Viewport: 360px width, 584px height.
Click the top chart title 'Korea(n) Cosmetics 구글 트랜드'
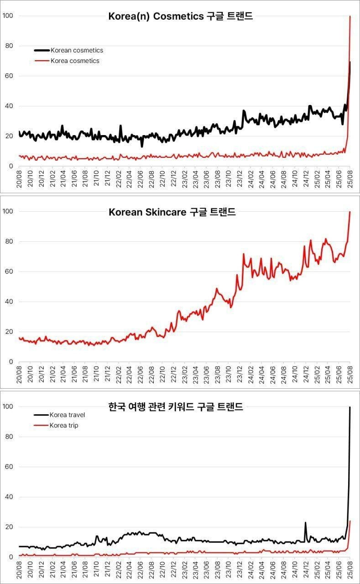pyautogui.click(x=180, y=17)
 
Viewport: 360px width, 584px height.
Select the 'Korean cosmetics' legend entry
pyautogui.click(x=77, y=50)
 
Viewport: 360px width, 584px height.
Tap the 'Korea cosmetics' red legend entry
pyautogui.click(x=75, y=61)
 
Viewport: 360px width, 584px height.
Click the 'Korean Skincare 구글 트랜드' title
pyautogui.click(x=172, y=212)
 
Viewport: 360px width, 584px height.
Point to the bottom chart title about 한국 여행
pyautogui.click(x=176, y=407)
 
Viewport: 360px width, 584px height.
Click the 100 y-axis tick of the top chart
pyautogui.click(x=8, y=16)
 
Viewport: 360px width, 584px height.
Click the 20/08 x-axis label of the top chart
pyautogui.click(x=20, y=179)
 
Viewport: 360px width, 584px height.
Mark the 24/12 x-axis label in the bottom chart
pyautogui.click(x=306, y=569)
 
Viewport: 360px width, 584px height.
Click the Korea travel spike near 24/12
pyautogui.click(x=305, y=523)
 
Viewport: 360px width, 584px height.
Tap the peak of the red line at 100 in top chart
pyautogui.click(x=350, y=17)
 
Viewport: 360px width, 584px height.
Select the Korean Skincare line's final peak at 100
pyautogui.click(x=350, y=212)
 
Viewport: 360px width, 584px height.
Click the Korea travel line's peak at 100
pyautogui.click(x=350, y=407)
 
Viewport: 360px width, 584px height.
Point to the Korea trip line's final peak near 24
pyautogui.click(x=350, y=521)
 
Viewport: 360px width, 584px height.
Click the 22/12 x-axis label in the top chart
pyautogui.click(x=174, y=179)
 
